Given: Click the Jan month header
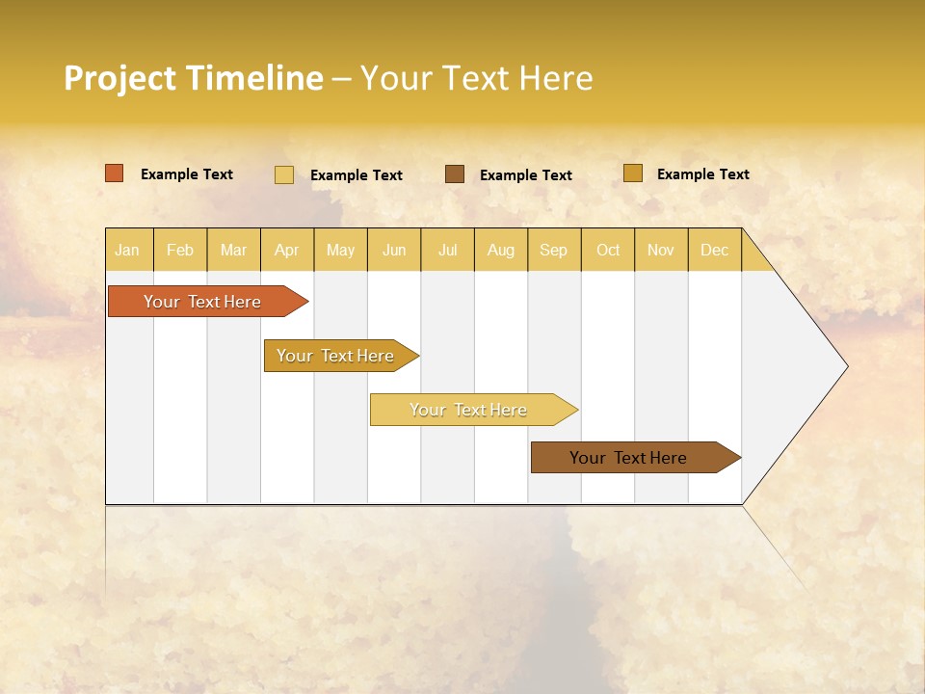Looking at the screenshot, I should click(128, 251).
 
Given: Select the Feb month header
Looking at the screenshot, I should click(180, 251).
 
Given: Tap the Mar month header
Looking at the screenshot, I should click(233, 251).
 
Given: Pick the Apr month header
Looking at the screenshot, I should click(287, 251).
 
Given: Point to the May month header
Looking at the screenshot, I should click(340, 251).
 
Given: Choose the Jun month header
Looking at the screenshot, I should click(394, 251).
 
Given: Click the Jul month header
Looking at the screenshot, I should click(447, 251).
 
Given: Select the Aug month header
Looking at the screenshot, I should click(501, 251).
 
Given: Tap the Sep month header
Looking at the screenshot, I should click(554, 251).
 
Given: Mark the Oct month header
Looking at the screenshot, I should click(608, 251).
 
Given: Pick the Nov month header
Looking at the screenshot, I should click(661, 251).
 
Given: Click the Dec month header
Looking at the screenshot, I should click(715, 251).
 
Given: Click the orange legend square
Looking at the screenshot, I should click(115, 173).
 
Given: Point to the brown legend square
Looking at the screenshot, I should click(455, 173).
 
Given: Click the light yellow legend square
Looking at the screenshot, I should click(284, 174).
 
